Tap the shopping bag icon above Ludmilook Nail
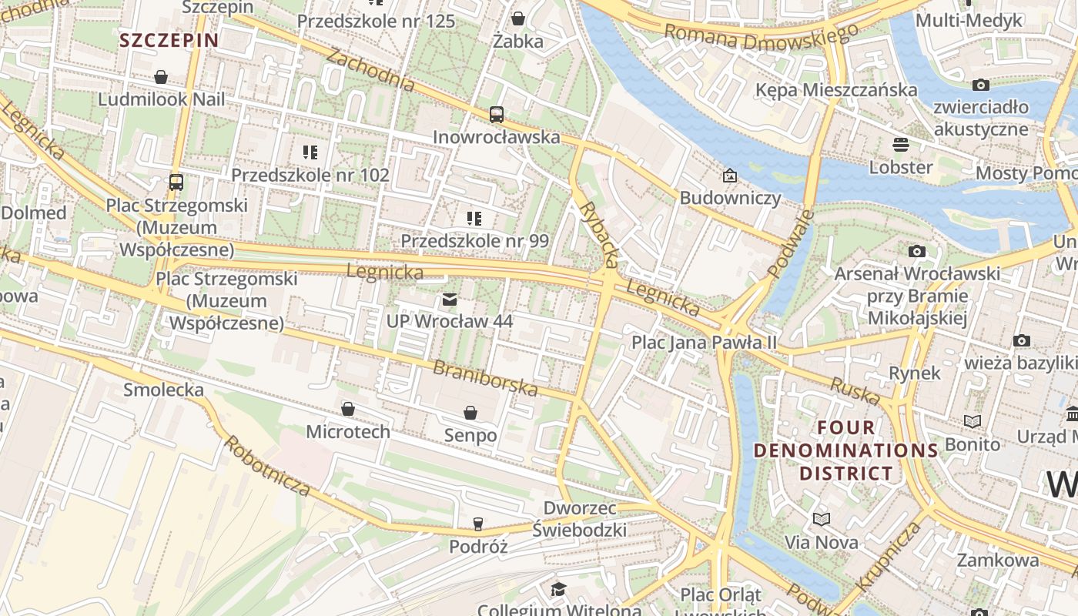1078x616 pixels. [161, 77]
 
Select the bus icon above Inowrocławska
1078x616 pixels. [497, 115]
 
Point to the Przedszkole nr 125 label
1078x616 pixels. [376, 21]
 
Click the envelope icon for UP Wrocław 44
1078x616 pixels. [450, 300]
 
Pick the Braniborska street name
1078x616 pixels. [484, 378]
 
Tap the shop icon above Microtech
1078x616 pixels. [348, 409]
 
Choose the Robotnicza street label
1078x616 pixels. [267, 465]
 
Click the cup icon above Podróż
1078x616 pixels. [478, 524]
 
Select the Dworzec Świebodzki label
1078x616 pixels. [580, 519]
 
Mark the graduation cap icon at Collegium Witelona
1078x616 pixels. [558, 590]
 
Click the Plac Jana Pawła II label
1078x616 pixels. [705, 342]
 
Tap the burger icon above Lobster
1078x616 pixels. [900, 145]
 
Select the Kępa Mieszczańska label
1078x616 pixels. [836, 90]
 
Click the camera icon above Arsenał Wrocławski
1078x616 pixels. [917, 251]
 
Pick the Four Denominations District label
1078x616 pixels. [846, 450]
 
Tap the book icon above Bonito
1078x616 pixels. [973, 421]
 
